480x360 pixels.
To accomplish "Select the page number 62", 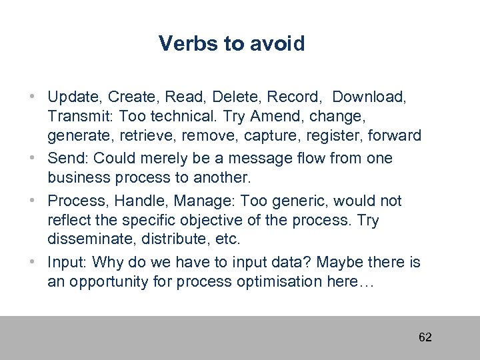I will (425, 337).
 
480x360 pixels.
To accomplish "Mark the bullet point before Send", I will (33, 159).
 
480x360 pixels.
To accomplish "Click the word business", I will (75, 178).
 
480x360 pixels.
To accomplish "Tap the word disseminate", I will (88, 239).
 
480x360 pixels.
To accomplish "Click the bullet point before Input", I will (33, 262).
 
